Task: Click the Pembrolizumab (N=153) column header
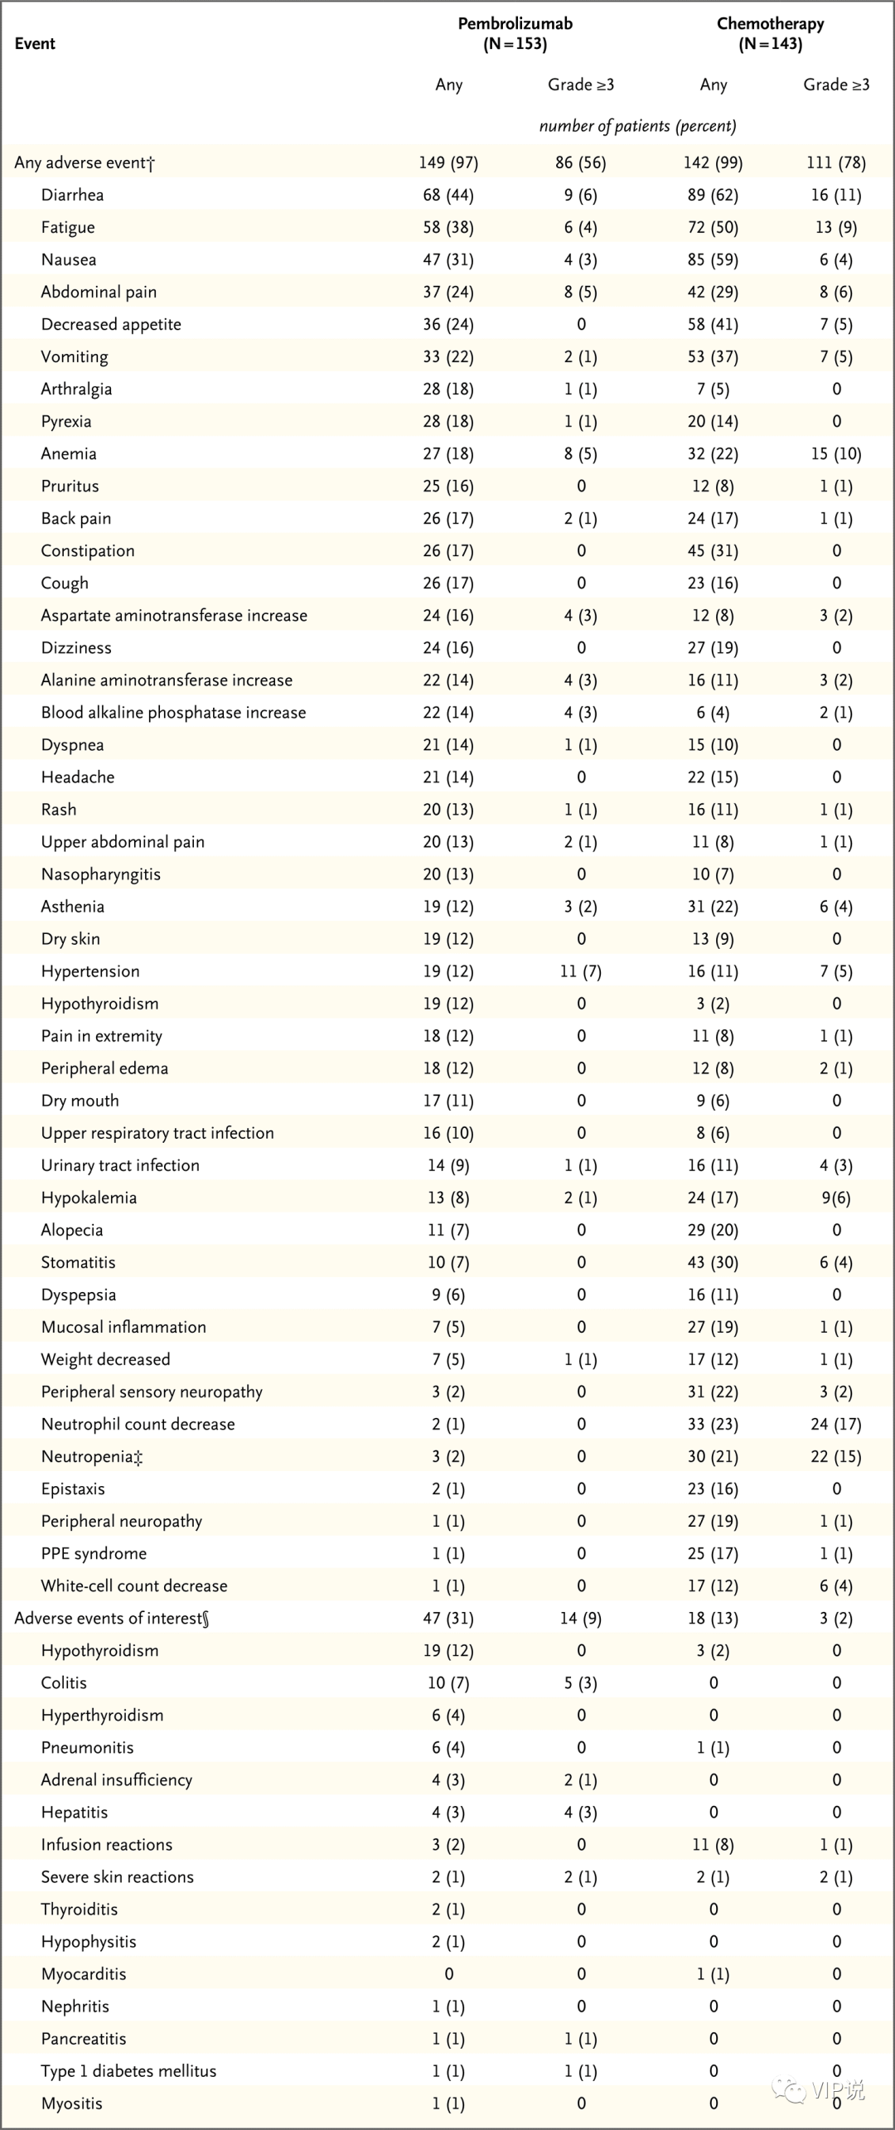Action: [515, 34]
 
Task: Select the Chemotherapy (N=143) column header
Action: [770, 34]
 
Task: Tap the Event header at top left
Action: [35, 44]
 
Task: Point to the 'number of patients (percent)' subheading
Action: [637, 126]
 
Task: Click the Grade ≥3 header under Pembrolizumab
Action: [581, 85]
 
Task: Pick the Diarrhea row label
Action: [72, 195]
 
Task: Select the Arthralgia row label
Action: [76, 389]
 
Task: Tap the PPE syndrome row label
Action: [94, 1553]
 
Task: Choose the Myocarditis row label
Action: [84, 1973]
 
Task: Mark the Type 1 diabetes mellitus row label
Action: [128, 2070]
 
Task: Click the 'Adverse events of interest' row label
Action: [111, 1618]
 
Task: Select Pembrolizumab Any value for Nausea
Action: [448, 259]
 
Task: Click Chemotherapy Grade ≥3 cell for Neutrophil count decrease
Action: [836, 1424]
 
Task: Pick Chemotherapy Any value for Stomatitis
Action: [713, 1262]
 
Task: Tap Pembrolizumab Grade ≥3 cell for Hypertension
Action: [581, 971]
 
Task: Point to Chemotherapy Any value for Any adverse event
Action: [713, 162]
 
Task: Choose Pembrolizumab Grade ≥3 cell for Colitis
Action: [581, 1682]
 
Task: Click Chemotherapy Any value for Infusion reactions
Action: [713, 1844]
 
